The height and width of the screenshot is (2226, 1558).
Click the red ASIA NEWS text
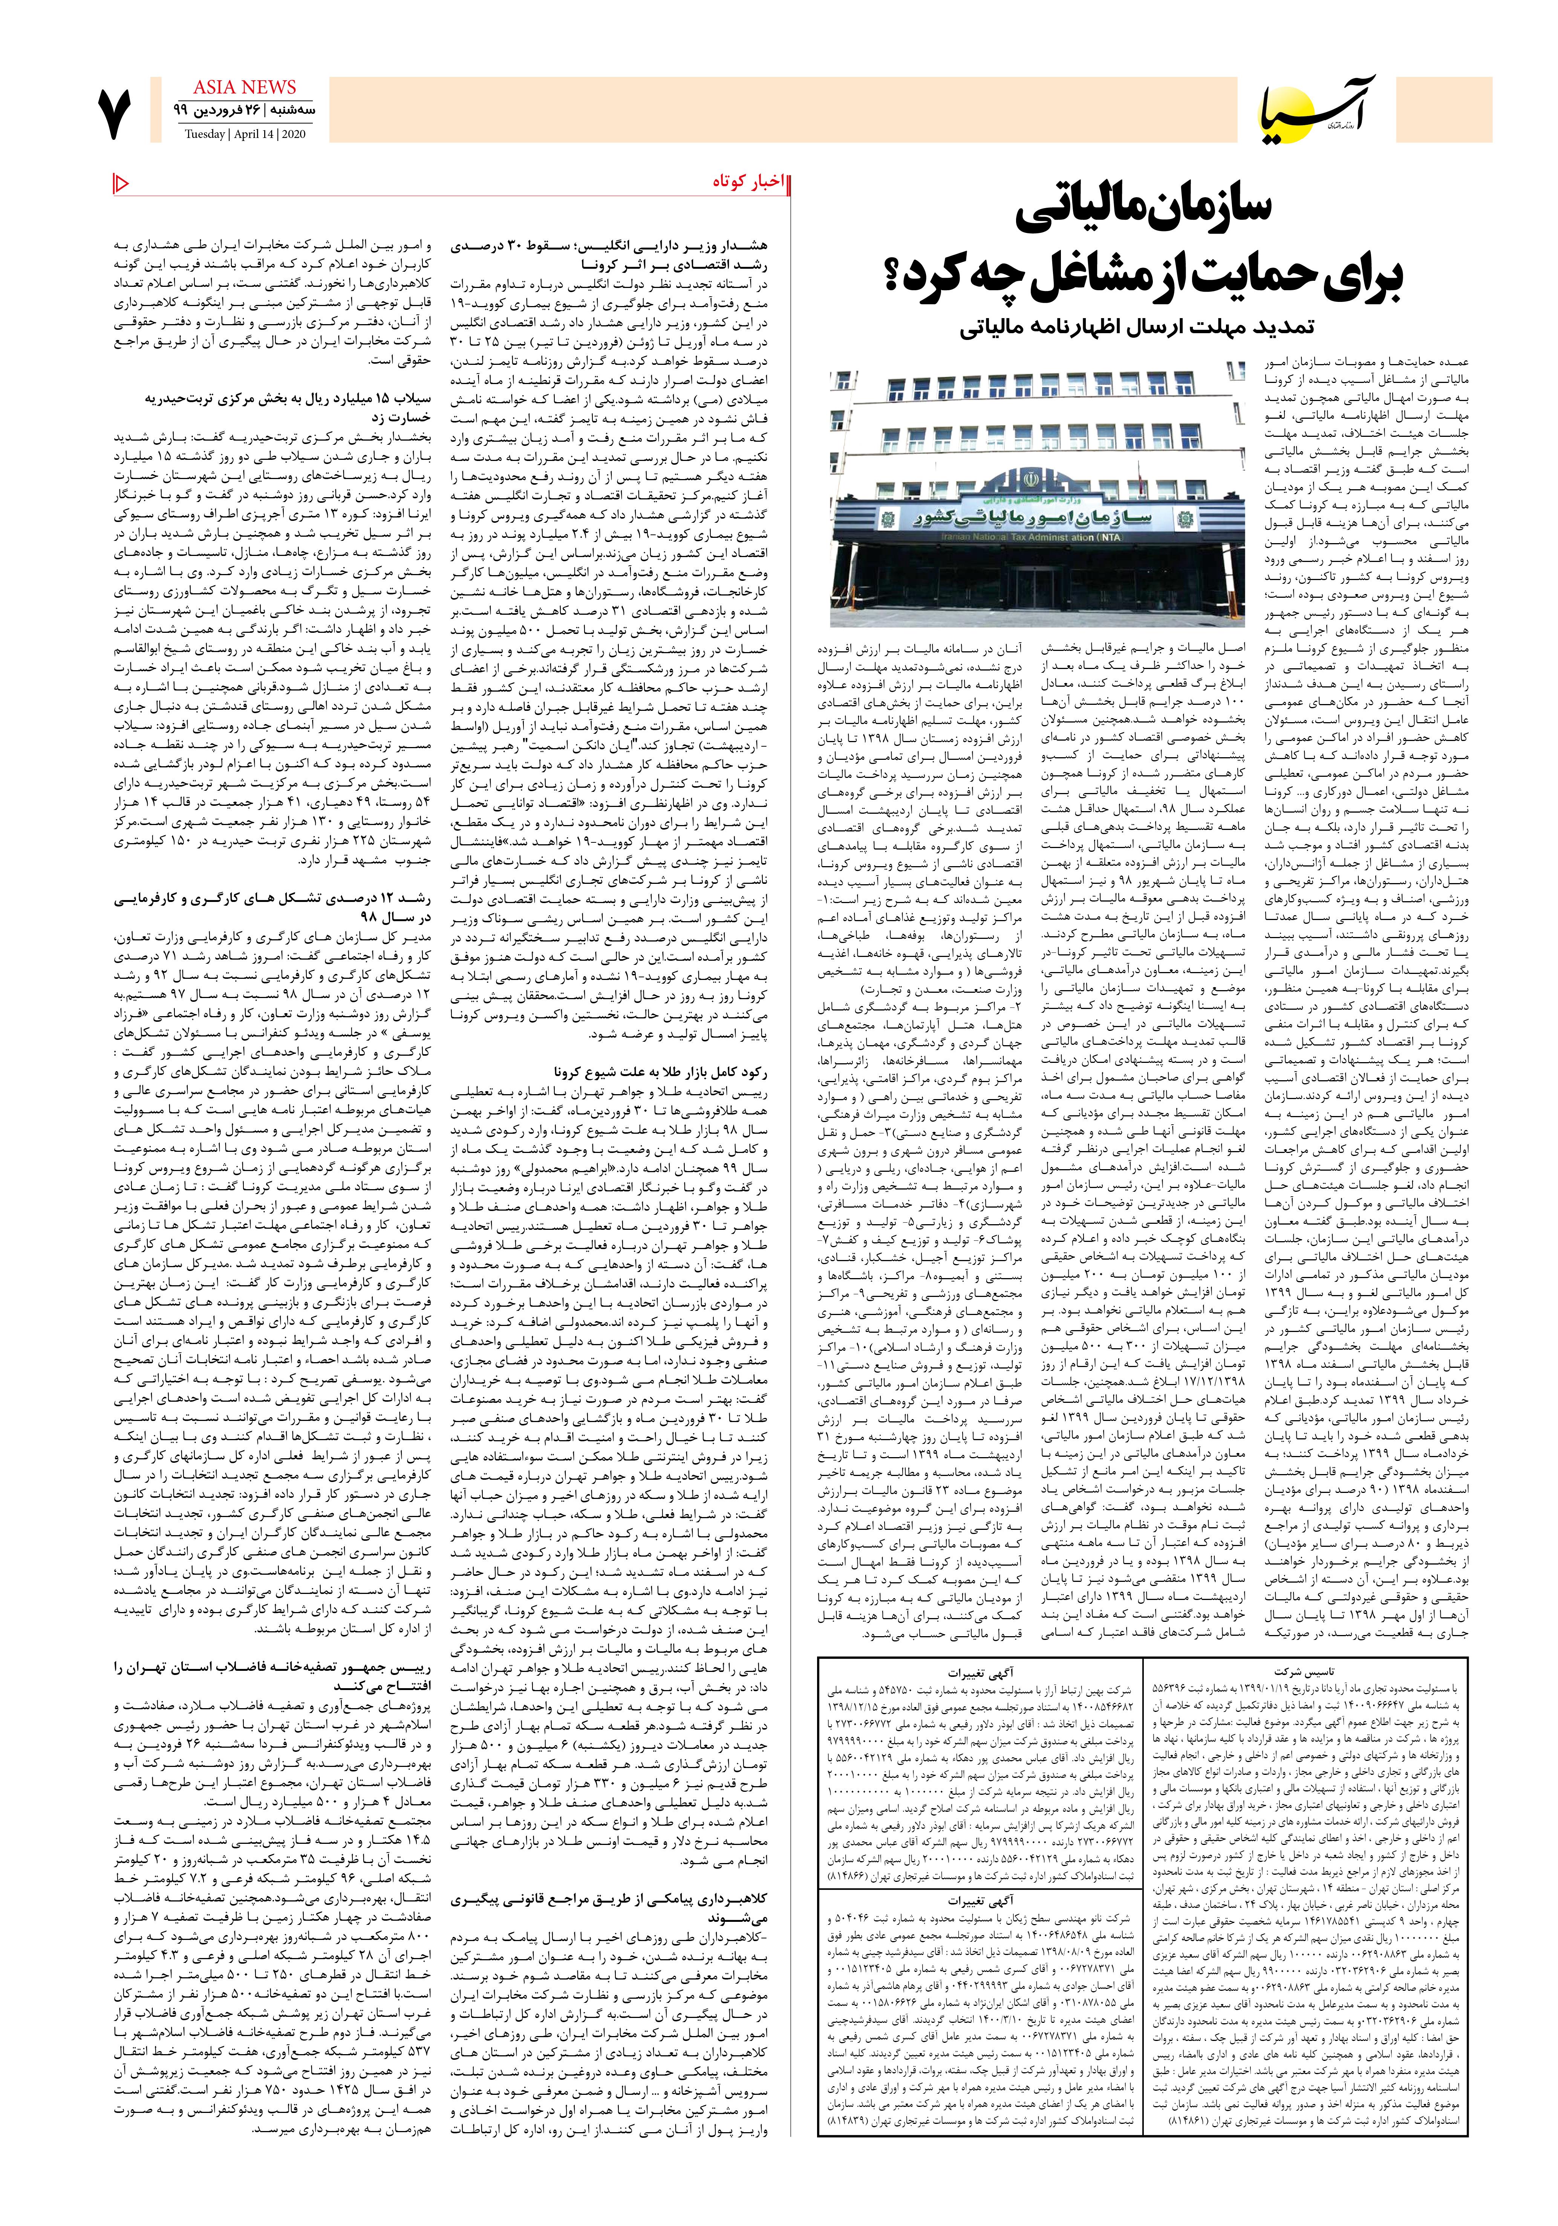(244, 87)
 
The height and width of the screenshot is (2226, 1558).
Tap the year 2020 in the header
(291, 134)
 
